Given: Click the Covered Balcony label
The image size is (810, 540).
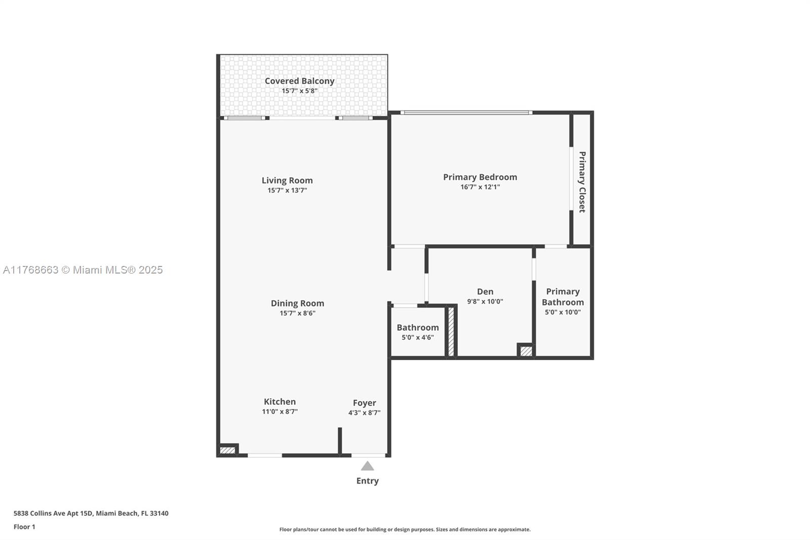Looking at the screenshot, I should [x=299, y=81].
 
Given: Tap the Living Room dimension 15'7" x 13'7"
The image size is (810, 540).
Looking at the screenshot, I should [x=287, y=190].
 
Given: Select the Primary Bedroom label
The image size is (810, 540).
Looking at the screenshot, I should [x=480, y=177].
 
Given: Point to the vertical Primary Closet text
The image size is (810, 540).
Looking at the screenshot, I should [x=582, y=182].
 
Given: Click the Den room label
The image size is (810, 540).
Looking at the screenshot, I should [x=485, y=291].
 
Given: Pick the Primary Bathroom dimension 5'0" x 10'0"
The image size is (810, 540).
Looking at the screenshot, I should [x=562, y=312].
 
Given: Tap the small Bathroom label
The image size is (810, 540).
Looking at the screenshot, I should [x=418, y=327].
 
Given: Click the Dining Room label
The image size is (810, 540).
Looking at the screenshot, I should [x=297, y=303].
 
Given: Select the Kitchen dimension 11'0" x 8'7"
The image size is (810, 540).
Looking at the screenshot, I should [x=279, y=412].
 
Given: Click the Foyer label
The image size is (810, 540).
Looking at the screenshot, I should [x=364, y=403].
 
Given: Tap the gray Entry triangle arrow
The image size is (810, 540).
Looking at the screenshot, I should [x=368, y=467].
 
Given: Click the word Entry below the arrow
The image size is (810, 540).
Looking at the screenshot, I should [x=368, y=481].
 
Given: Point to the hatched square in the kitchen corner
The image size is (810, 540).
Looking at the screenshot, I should [x=227, y=450].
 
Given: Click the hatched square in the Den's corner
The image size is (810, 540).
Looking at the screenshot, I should [x=526, y=351].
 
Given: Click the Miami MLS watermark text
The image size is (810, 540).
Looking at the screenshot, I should [x=83, y=270].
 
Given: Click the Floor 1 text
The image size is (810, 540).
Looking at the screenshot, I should [x=24, y=527].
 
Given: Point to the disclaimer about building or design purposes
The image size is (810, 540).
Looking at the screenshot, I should [x=405, y=529].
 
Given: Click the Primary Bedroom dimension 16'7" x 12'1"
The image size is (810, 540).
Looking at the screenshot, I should [x=480, y=187].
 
